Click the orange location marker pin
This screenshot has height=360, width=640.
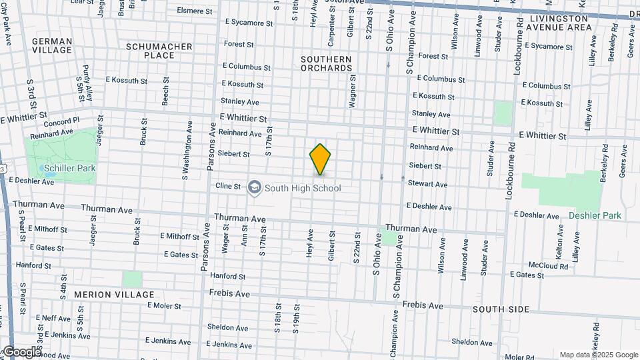[321, 159]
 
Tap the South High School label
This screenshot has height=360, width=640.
[303, 188]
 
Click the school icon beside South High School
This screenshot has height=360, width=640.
[254, 188]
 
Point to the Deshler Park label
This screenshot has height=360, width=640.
[595, 215]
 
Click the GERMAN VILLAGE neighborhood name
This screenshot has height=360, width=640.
[52, 45]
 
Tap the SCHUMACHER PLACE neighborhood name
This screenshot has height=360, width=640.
[159, 51]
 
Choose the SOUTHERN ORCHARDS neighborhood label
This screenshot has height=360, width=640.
[326, 63]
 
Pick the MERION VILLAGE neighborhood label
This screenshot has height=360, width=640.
[114, 294]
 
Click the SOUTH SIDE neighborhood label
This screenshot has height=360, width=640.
[501, 309]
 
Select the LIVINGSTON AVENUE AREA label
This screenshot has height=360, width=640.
[559, 23]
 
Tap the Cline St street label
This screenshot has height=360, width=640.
[228, 187]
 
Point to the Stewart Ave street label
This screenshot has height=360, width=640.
[427, 183]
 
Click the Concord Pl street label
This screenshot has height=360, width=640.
[61, 123]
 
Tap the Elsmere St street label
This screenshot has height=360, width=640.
[195, 11]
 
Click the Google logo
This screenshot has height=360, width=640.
[21, 352]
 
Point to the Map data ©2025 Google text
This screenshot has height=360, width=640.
[599, 355]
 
